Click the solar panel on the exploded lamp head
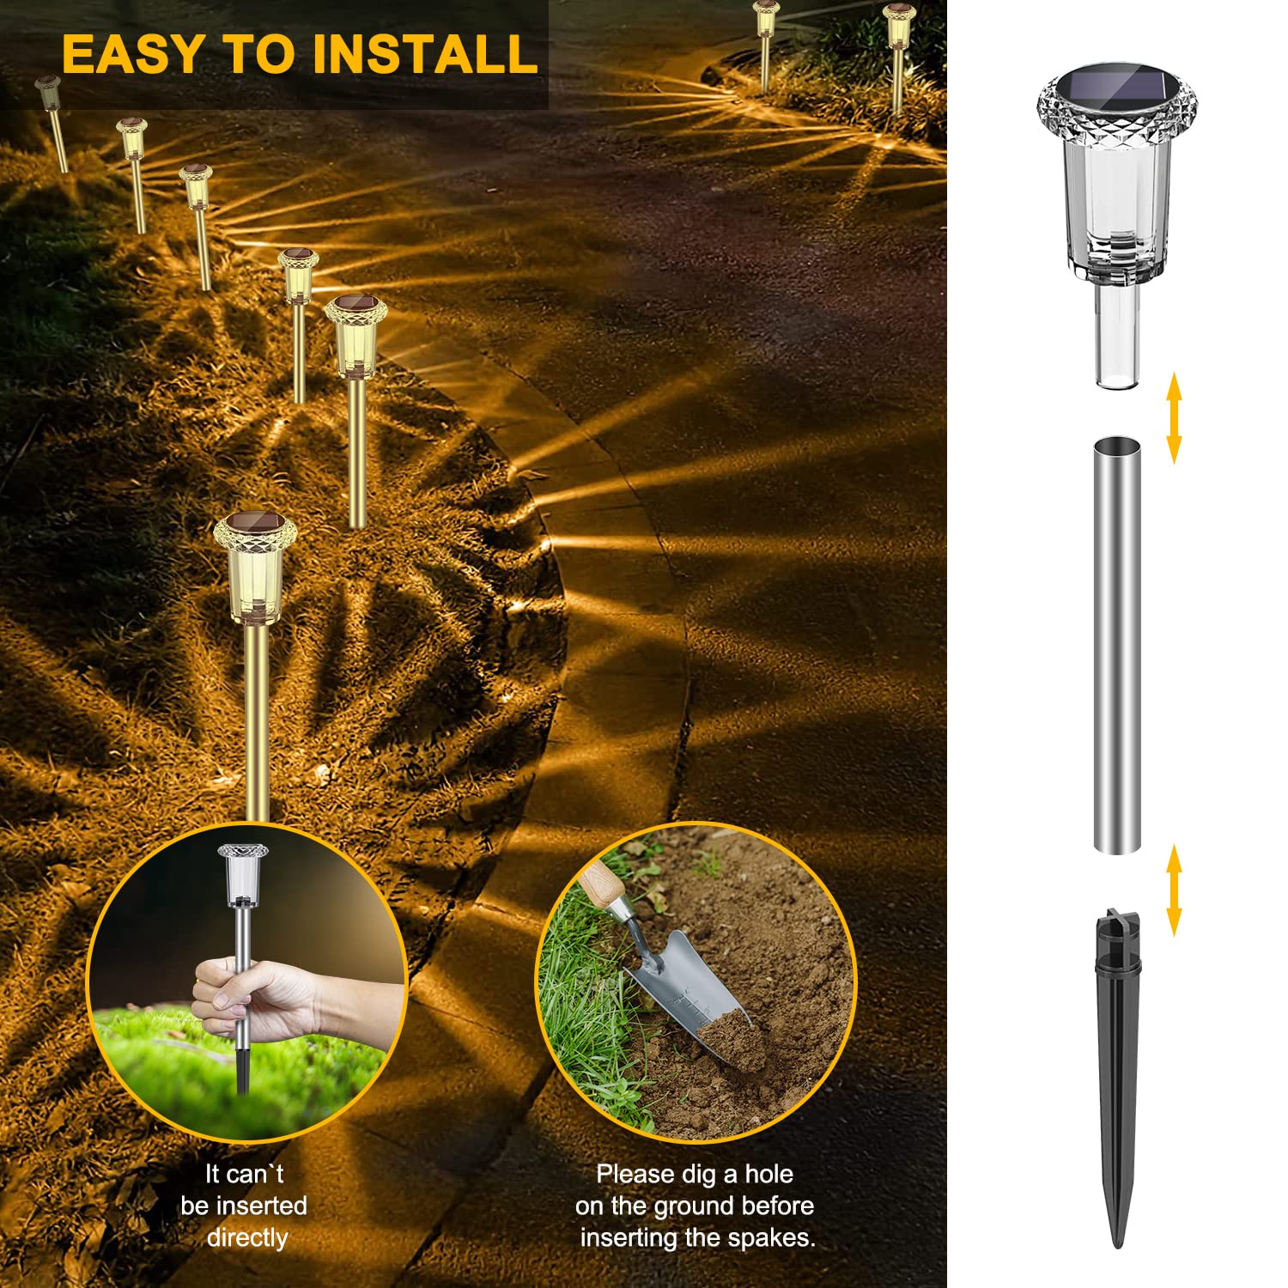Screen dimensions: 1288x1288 pos(1116,89)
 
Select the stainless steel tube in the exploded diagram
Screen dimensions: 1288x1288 pos(1117,645)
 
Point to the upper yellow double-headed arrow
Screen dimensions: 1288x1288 pos(1174,418)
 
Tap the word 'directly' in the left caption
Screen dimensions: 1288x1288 pos(247,1237)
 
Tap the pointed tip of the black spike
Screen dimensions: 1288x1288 pos(1117,1247)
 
